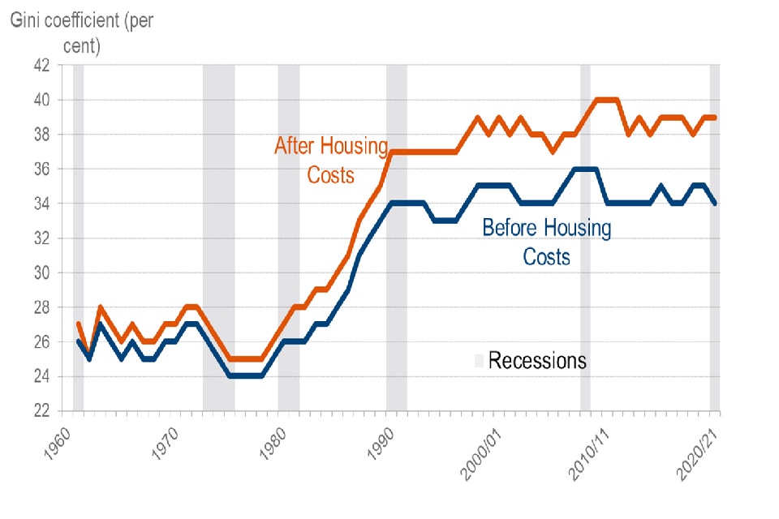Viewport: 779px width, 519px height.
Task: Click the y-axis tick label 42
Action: (x=40, y=65)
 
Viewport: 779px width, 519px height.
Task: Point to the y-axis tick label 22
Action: (x=40, y=411)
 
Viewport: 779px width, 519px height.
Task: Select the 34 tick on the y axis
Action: (x=40, y=204)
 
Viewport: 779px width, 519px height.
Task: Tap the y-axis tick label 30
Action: (x=40, y=272)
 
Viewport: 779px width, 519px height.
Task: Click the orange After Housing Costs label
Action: (x=331, y=160)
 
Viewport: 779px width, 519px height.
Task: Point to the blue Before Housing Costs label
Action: (x=546, y=242)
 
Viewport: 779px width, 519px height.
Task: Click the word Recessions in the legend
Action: (x=536, y=360)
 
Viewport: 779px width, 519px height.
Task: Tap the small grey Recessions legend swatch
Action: (x=480, y=360)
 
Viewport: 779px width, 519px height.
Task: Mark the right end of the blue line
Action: (x=714, y=204)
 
